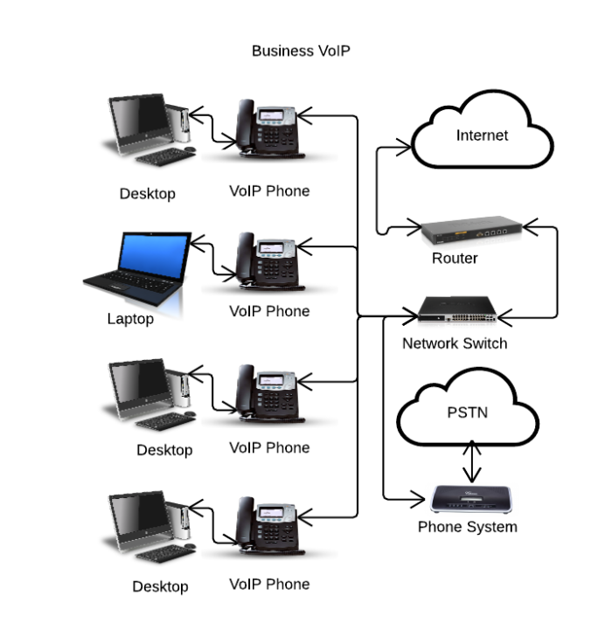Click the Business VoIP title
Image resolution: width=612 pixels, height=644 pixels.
[301, 51]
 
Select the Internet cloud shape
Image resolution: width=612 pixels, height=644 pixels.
[482, 136]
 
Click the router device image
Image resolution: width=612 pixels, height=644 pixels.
[470, 233]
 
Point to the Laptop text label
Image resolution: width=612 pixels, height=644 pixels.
[130, 319]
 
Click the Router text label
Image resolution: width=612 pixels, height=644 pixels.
[455, 259]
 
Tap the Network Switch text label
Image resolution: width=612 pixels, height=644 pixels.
[454, 343]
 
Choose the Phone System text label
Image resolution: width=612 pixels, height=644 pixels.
[467, 527]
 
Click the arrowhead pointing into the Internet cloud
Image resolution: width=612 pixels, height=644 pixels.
[404, 148]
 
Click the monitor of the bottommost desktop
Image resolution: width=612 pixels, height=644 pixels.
[138, 519]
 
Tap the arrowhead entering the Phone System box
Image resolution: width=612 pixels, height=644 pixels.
[420, 501]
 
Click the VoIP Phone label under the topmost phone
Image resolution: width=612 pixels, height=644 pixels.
[269, 190]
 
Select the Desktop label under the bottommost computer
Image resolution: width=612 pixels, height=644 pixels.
[160, 586]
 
